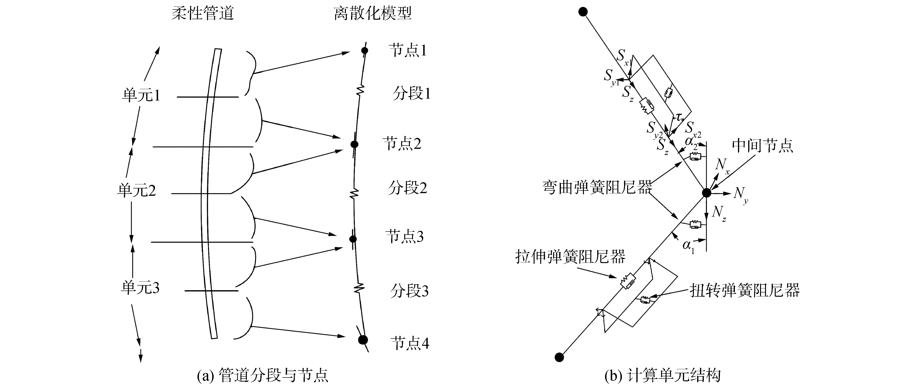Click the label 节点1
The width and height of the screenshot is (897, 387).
[x=407, y=51]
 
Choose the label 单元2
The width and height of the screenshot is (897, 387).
[x=136, y=191]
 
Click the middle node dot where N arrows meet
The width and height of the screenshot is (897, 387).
[x=706, y=193]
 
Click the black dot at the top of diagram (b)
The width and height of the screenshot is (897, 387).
[x=583, y=12]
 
